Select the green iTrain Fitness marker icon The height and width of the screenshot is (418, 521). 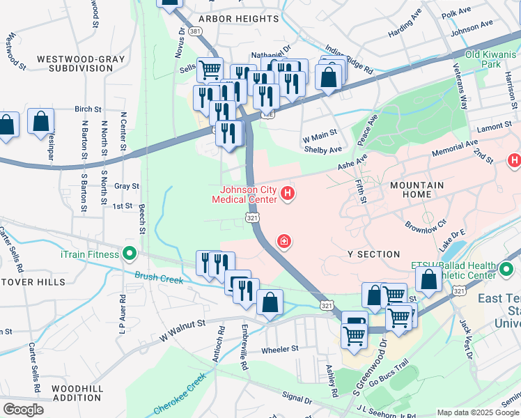click(129, 254)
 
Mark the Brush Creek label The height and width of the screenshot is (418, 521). click(159, 278)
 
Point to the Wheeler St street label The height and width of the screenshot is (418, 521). click(279, 348)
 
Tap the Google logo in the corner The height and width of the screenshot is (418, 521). click(23, 410)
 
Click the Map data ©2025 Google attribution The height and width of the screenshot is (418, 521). click(477, 412)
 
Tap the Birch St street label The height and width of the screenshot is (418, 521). click(88, 109)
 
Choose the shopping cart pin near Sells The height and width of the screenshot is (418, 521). click(210, 70)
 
